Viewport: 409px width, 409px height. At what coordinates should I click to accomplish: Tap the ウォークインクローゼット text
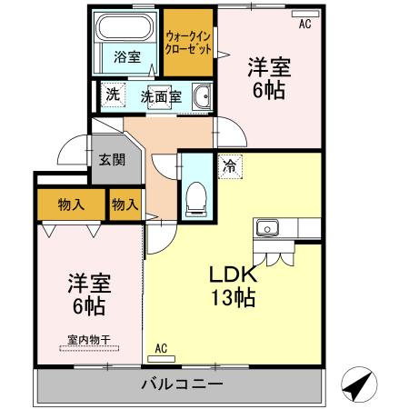point(190,42)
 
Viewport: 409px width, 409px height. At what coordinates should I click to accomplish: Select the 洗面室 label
point(160,95)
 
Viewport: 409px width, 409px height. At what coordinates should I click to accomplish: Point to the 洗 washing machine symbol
point(112,94)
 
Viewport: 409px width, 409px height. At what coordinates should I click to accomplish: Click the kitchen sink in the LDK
point(269,227)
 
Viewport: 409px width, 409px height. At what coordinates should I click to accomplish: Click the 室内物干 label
point(88,342)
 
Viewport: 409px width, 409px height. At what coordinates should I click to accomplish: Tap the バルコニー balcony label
point(181,385)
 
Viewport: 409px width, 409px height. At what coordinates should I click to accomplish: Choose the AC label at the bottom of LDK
point(161,348)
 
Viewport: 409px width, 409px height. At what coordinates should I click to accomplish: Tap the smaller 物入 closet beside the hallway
point(125,204)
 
